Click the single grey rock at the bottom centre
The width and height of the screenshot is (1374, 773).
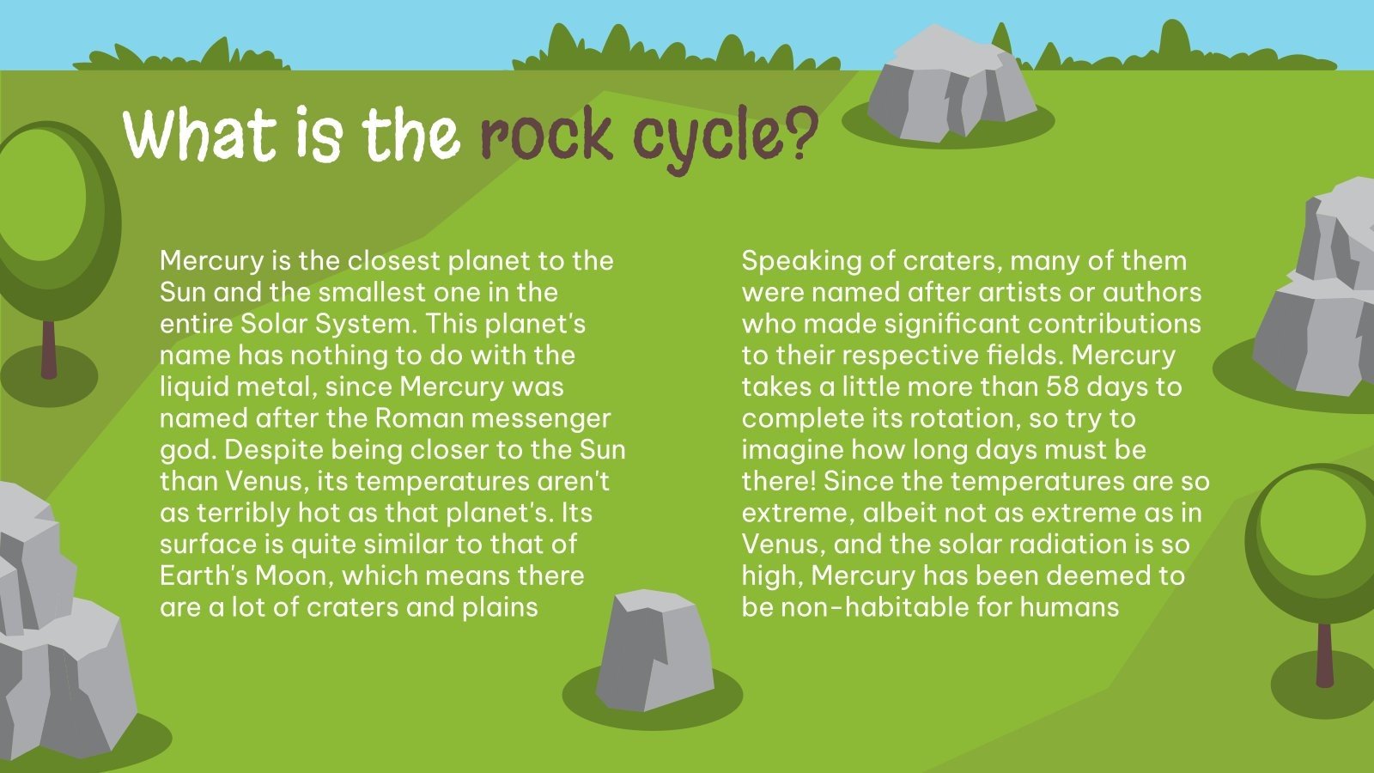(654, 650)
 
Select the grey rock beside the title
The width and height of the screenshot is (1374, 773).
(949, 86)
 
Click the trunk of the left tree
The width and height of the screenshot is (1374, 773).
(49, 348)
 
